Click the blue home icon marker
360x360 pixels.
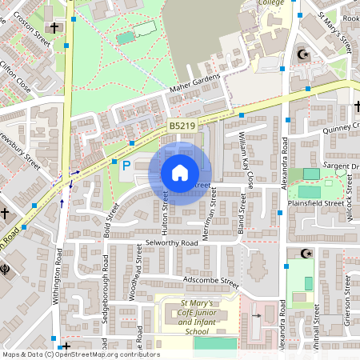point(180,172)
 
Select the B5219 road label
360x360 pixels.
point(182,126)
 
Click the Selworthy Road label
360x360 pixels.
point(171,242)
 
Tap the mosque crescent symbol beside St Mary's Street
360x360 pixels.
point(302,54)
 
